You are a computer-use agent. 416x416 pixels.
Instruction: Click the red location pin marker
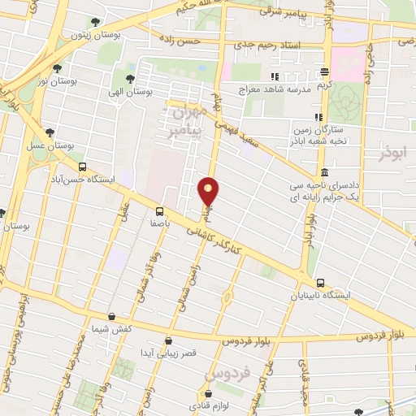coord(209,191)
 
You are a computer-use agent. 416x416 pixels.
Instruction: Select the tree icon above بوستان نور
coord(57,69)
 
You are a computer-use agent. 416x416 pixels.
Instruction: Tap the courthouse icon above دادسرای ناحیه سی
coord(324,172)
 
